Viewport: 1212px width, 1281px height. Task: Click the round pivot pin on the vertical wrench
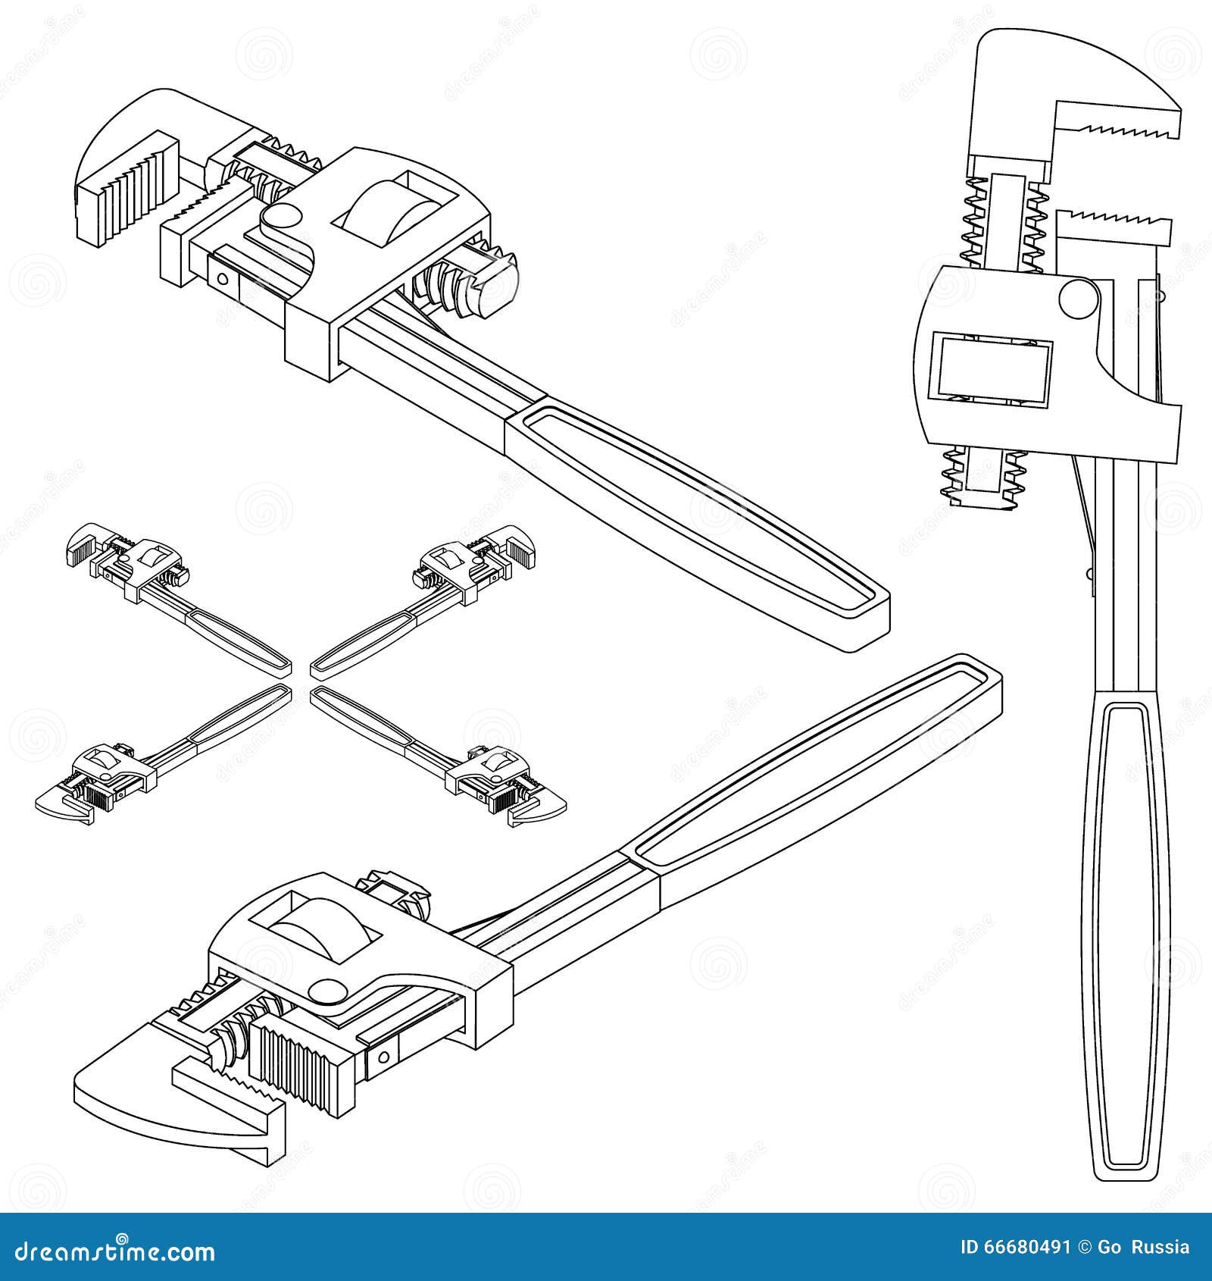click(x=1078, y=298)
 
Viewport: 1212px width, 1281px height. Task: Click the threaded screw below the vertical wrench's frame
click(x=982, y=475)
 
